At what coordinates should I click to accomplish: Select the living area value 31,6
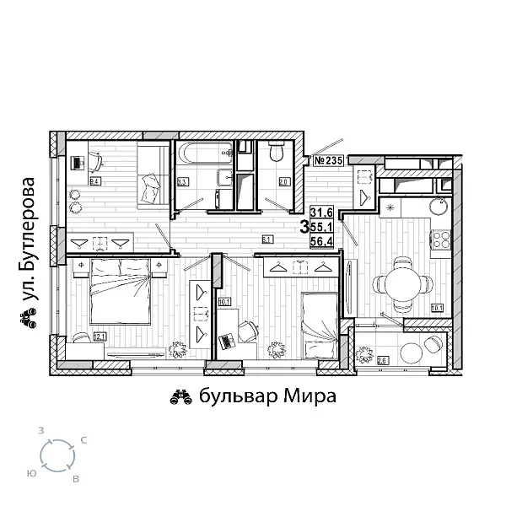pyautogui.click(x=320, y=213)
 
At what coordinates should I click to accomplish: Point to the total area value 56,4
pyautogui.click(x=320, y=240)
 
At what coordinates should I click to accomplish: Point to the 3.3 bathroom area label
pyautogui.click(x=182, y=180)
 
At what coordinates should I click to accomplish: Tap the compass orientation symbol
pyautogui.click(x=57, y=456)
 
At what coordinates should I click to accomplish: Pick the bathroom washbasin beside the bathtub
pyautogui.click(x=226, y=179)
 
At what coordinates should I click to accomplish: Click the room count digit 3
pyautogui.click(x=304, y=226)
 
